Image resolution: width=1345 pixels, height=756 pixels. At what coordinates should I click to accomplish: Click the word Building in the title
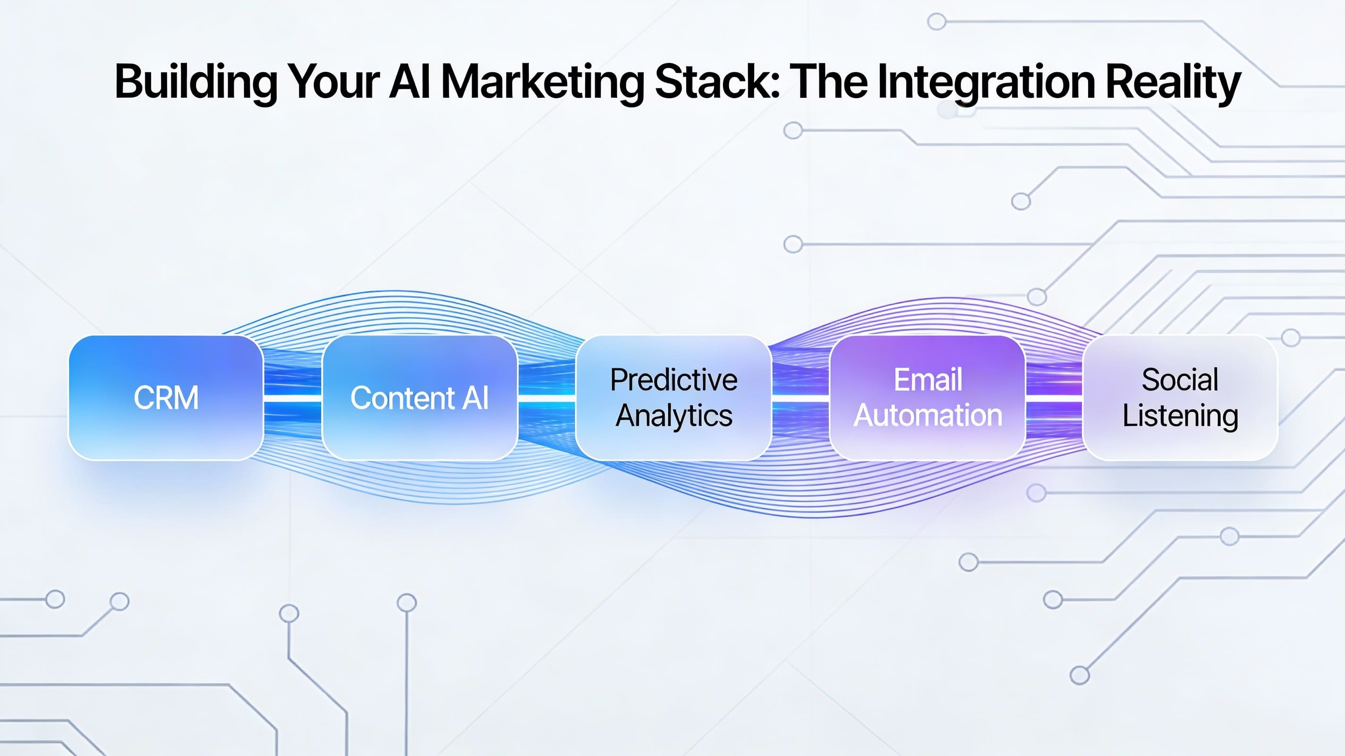196,82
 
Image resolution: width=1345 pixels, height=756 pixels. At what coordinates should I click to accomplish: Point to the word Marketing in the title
543,82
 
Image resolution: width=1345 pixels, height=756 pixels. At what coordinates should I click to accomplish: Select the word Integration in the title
986,82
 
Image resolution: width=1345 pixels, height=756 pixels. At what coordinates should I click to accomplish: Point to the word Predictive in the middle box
673,380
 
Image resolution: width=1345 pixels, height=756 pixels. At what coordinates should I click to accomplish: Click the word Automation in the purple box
928,415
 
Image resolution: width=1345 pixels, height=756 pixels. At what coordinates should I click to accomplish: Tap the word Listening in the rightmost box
1180,415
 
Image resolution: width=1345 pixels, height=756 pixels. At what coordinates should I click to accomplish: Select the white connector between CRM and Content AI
292,399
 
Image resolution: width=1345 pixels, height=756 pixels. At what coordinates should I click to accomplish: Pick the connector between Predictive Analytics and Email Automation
800,399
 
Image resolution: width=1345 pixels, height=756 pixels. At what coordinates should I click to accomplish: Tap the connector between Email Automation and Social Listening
1054,399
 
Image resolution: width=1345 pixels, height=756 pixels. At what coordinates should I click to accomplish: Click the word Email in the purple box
928,380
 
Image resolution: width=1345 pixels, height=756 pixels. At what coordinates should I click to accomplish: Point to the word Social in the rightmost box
1180,380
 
